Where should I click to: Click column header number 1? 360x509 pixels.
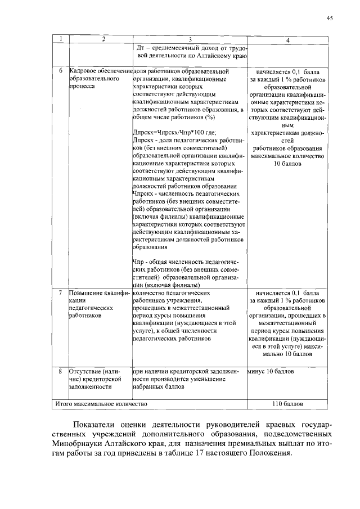point(60,39)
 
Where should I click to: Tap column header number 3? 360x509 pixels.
point(190,39)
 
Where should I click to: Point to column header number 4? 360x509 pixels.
point(287,39)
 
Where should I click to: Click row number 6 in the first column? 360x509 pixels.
point(60,72)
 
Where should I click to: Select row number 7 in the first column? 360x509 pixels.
point(60,293)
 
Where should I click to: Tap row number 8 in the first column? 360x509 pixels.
point(60,371)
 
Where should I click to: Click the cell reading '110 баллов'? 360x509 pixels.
point(287,404)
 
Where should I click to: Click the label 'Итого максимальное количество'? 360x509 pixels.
point(101,404)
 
